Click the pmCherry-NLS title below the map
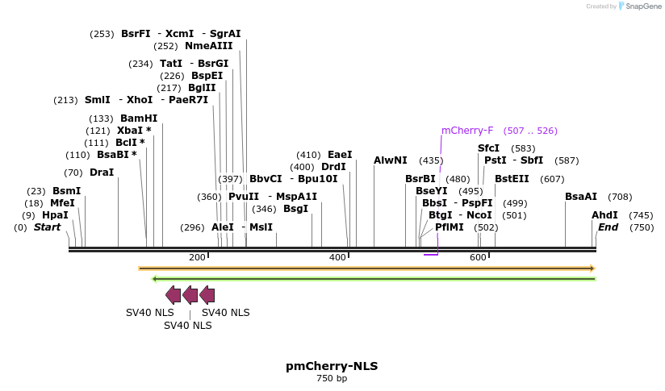[x=332, y=366]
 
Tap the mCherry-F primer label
[x=466, y=131]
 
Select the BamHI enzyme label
[x=139, y=118]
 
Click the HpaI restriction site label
[x=55, y=215]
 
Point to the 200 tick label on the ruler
[x=197, y=257]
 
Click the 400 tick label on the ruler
[x=337, y=257]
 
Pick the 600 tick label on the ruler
[x=478, y=257]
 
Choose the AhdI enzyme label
[x=604, y=215]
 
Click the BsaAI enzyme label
[x=581, y=197]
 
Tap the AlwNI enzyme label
[x=391, y=160]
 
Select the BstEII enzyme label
[x=512, y=179]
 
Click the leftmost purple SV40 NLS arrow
[x=173, y=294]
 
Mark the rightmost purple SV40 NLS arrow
[x=207, y=294]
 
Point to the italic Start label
[x=47, y=227]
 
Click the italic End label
[x=608, y=227]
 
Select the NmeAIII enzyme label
[x=208, y=46]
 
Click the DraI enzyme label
[x=102, y=173]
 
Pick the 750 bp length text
[x=332, y=378]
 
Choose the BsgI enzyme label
[x=296, y=209]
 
